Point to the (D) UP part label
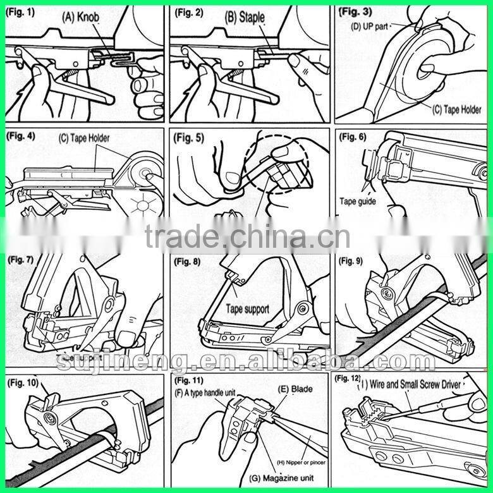pos(370,26)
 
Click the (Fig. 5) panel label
pos(190,138)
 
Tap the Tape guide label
pos(357,202)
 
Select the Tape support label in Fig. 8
pos(248,310)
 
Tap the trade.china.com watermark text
pos(246,237)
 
